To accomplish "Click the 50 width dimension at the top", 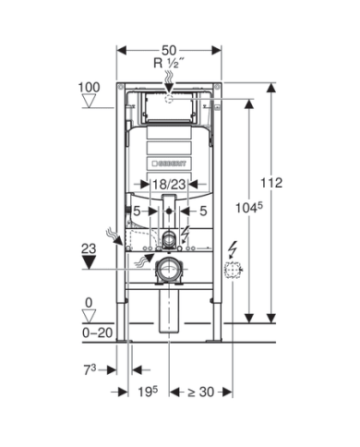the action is coord(169,50).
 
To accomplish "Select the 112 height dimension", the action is coord(271,183).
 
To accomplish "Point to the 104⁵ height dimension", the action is coord(249,208).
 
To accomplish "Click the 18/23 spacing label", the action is coord(169,185).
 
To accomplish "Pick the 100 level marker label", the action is coord(89,88).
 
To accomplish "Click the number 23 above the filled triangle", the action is coord(89,248).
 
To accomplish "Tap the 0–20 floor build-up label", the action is coord(98,332).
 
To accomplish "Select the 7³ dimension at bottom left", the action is coord(90,369).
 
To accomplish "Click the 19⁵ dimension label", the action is coord(148,392).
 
